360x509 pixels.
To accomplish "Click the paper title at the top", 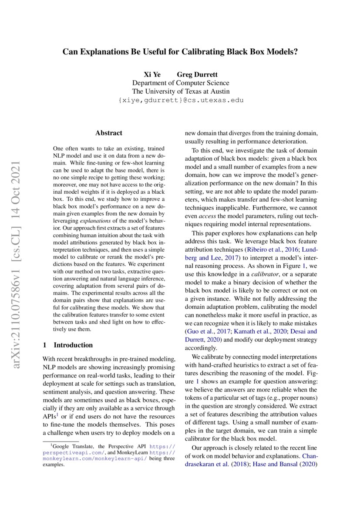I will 180,51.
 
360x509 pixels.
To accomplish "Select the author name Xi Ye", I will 152,74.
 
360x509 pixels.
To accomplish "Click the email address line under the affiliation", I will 180,100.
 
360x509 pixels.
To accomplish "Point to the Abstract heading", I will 109,133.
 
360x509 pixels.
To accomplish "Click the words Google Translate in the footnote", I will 70,446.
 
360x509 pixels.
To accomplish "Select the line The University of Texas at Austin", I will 180,91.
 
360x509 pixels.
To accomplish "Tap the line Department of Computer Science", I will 180,83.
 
